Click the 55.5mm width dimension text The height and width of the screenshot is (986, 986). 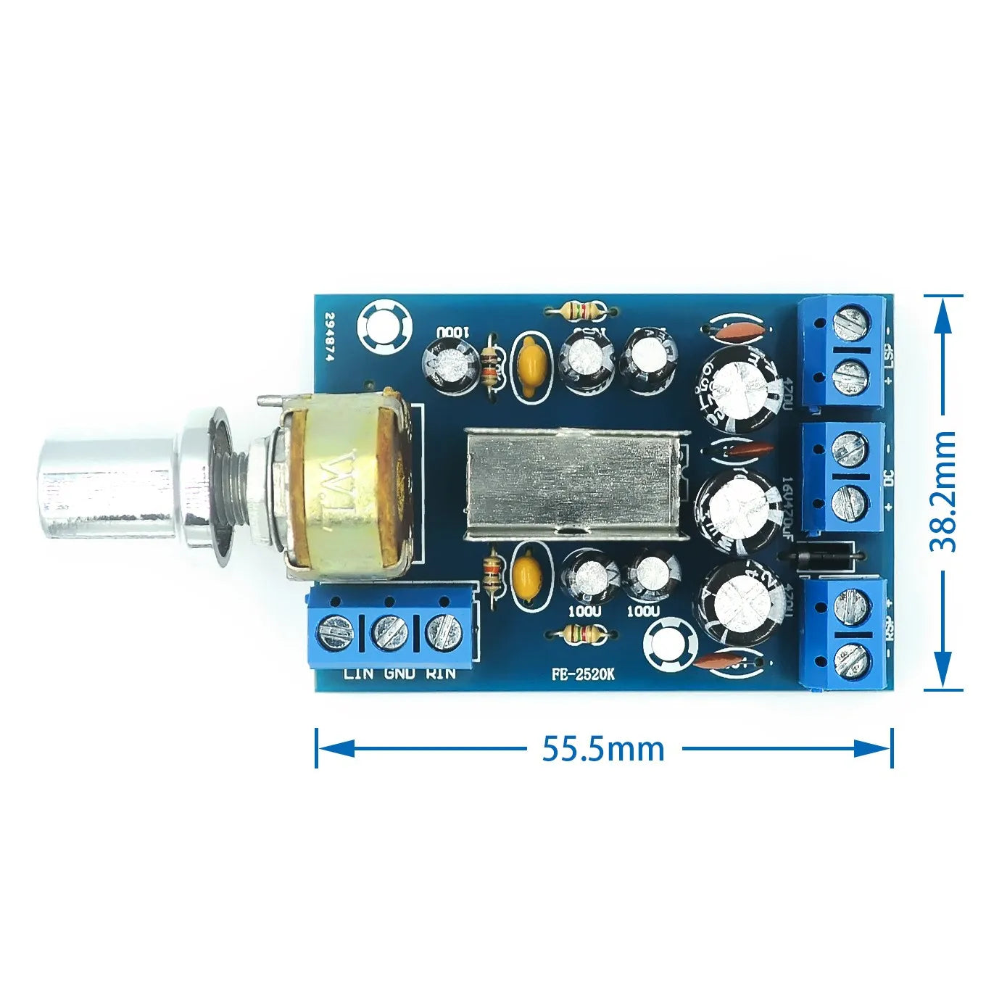[603, 749]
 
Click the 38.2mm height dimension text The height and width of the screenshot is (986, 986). [942, 491]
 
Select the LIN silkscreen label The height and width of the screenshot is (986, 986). [359, 674]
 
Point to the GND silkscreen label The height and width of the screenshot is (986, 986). [399, 674]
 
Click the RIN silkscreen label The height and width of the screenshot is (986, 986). [441, 674]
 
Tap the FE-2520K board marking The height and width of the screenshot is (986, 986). [582, 674]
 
